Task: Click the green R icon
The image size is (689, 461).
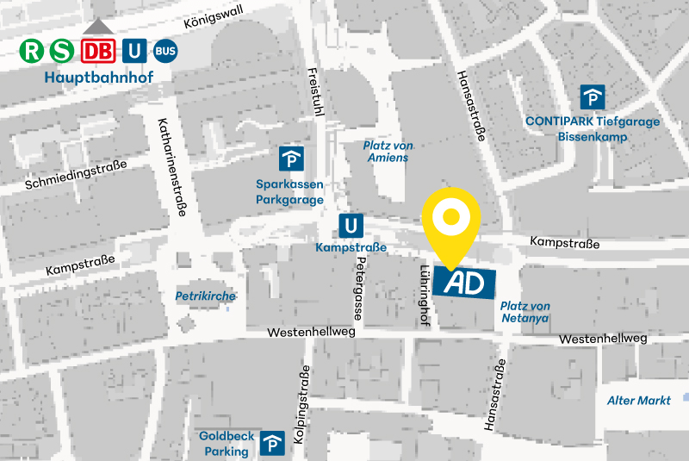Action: [x=32, y=52]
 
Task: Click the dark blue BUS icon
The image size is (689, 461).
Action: [x=165, y=52]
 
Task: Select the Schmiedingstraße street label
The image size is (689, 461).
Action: [x=76, y=175]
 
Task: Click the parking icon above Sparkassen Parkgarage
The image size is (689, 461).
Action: [x=290, y=159]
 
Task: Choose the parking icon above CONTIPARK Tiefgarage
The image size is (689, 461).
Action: [x=592, y=97]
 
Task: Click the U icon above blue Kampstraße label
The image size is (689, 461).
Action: [x=351, y=226]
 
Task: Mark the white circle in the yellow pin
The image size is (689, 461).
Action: [x=450, y=217]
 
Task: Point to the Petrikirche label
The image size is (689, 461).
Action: [x=205, y=296]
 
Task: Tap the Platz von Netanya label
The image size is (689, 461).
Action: [x=525, y=312]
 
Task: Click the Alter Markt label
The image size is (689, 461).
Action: [x=638, y=401]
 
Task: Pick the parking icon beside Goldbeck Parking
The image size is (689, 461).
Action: [x=273, y=443]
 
